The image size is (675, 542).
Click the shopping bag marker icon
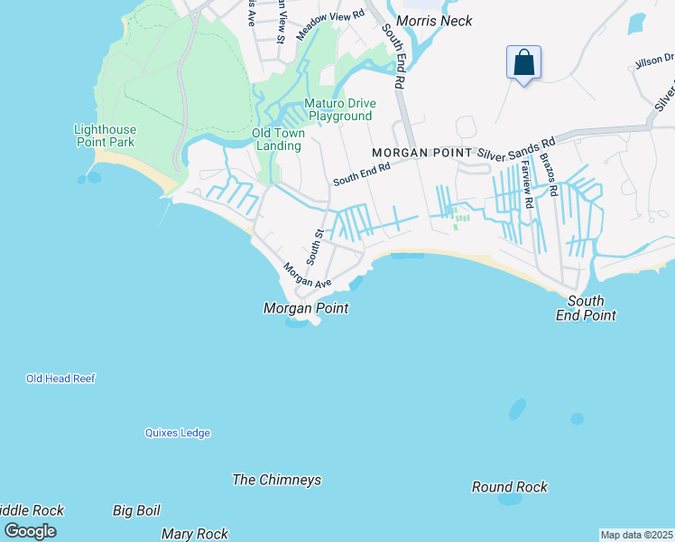tap(523, 63)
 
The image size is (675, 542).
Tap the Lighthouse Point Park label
tap(104, 135)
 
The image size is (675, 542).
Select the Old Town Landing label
tap(278, 139)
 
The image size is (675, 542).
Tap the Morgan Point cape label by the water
tap(305, 309)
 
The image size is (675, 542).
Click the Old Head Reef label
tap(60, 378)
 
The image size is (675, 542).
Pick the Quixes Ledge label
tap(178, 433)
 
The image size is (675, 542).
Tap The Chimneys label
tap(276, 480)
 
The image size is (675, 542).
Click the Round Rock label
tap(509, 487)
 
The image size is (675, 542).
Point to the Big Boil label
tap(136, 510)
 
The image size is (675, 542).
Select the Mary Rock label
tap(194, 534)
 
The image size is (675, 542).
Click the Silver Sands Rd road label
tap(516, 150)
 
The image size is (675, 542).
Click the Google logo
tap(30, 530)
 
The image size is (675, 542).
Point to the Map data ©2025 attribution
tap(636, 535)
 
